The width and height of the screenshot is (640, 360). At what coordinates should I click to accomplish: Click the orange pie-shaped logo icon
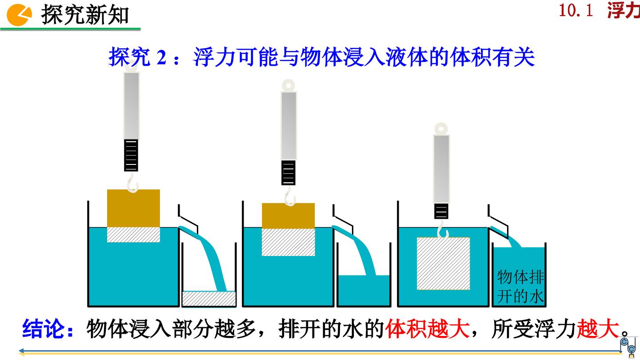19,15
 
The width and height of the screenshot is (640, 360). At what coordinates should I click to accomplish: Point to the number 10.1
576,11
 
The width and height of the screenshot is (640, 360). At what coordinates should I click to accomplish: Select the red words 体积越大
428,329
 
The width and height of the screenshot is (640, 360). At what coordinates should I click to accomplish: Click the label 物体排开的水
520,286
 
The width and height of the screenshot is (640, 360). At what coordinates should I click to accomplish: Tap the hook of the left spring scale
132,182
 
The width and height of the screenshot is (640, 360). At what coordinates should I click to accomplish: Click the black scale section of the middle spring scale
288,172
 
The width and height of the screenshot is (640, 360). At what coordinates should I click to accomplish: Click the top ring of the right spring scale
441,128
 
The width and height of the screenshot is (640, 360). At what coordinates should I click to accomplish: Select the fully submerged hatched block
443,264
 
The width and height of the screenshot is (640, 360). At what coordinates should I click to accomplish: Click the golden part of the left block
133,208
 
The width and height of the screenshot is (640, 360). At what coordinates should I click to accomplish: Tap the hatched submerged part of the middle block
288,242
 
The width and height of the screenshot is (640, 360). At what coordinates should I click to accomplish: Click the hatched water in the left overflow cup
209,299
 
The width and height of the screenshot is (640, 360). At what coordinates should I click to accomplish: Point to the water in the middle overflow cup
364,291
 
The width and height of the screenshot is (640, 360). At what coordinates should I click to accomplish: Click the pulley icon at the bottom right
629,347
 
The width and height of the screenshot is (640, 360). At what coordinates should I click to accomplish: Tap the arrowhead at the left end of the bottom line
20,351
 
